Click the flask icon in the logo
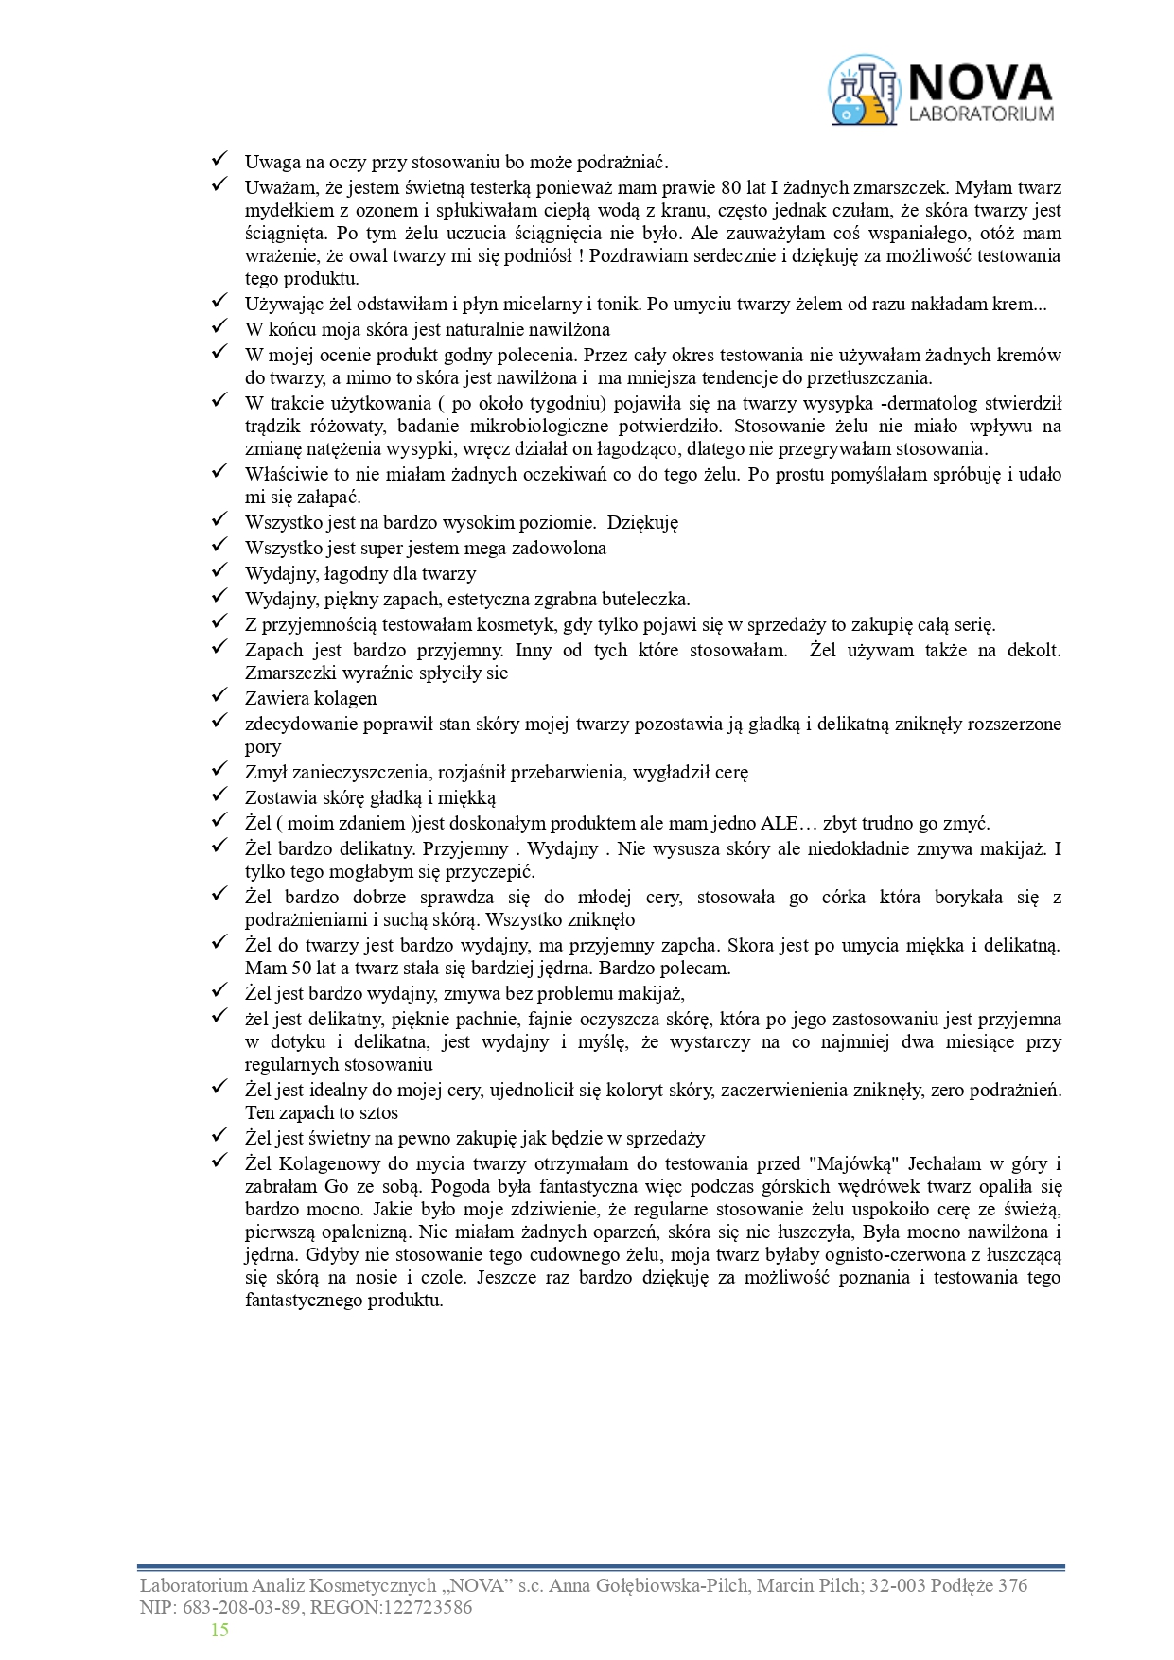pyautogui.click(x=863, y=92)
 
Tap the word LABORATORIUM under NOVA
pyautogui.click(x=980, y=114)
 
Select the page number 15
pyautogui.click(x=219, y=1630)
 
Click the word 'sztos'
pyautogui.click(x=377, y=1112)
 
